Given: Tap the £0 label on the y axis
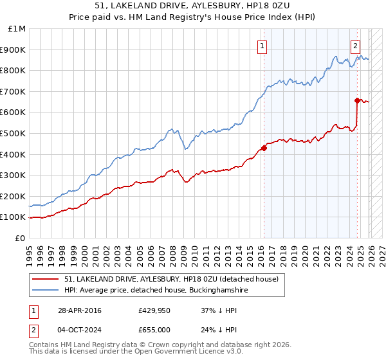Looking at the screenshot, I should (x=21, y=238).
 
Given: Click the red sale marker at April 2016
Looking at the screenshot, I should (x=264, y=148).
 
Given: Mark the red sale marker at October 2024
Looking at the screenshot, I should (x=357, y=100).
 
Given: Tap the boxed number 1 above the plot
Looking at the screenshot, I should (x=262, y=45).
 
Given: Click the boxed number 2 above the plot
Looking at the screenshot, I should (x=355, y=45).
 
